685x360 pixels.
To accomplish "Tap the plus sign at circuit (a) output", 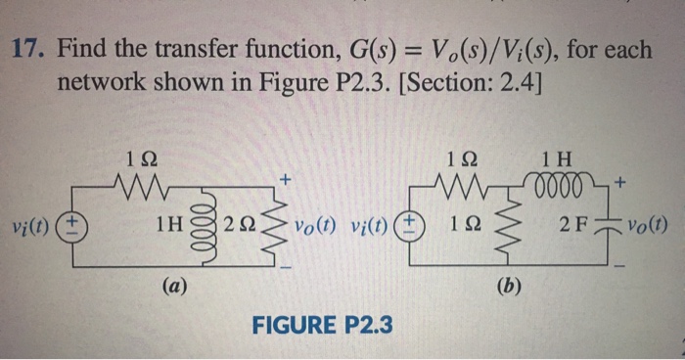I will (x=285, y=179).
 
